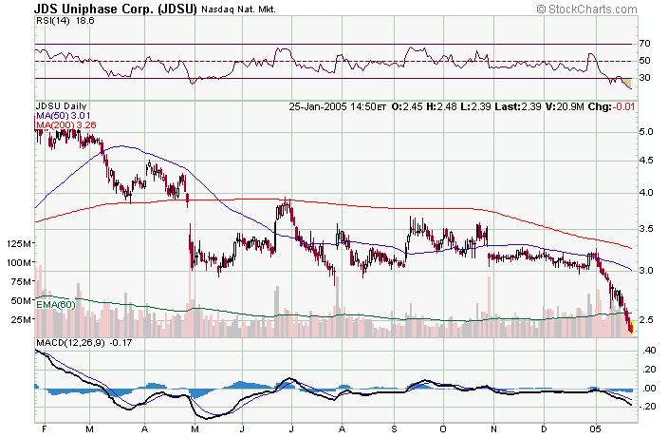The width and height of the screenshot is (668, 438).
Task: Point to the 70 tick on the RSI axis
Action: click(644, 44)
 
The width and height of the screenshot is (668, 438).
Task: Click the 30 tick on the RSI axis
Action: click(644, 78)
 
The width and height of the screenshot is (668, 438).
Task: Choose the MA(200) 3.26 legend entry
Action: click(65, 125)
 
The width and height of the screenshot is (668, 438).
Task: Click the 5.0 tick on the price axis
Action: click(645, 131)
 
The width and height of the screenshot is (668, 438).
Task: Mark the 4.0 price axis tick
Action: click(645, 193)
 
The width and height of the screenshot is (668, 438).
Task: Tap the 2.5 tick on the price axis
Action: click(645, 319)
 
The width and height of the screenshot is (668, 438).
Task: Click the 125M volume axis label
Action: click(17, 245)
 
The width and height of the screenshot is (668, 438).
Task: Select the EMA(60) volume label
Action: click(55, 303)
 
